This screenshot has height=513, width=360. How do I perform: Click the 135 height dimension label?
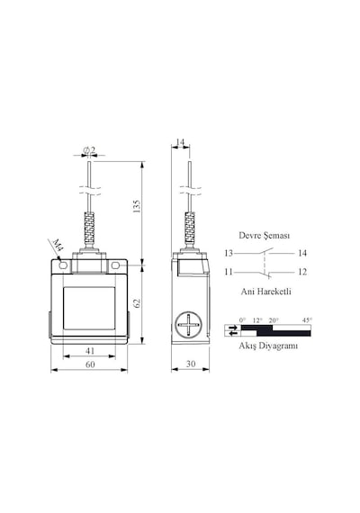click(137, 207)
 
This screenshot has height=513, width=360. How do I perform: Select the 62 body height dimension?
click(137, 303)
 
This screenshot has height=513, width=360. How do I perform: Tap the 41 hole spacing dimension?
click(90, 351)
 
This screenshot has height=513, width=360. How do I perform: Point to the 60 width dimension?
click(90, 364)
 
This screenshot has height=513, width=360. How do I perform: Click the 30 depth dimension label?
click(191, 364)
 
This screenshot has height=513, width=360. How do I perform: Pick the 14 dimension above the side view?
click(180, 142)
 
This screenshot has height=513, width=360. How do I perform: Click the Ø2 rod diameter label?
click(89, 150)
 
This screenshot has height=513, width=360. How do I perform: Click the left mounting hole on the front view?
click(63, 265)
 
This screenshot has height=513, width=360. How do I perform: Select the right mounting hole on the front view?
click(115, 265)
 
